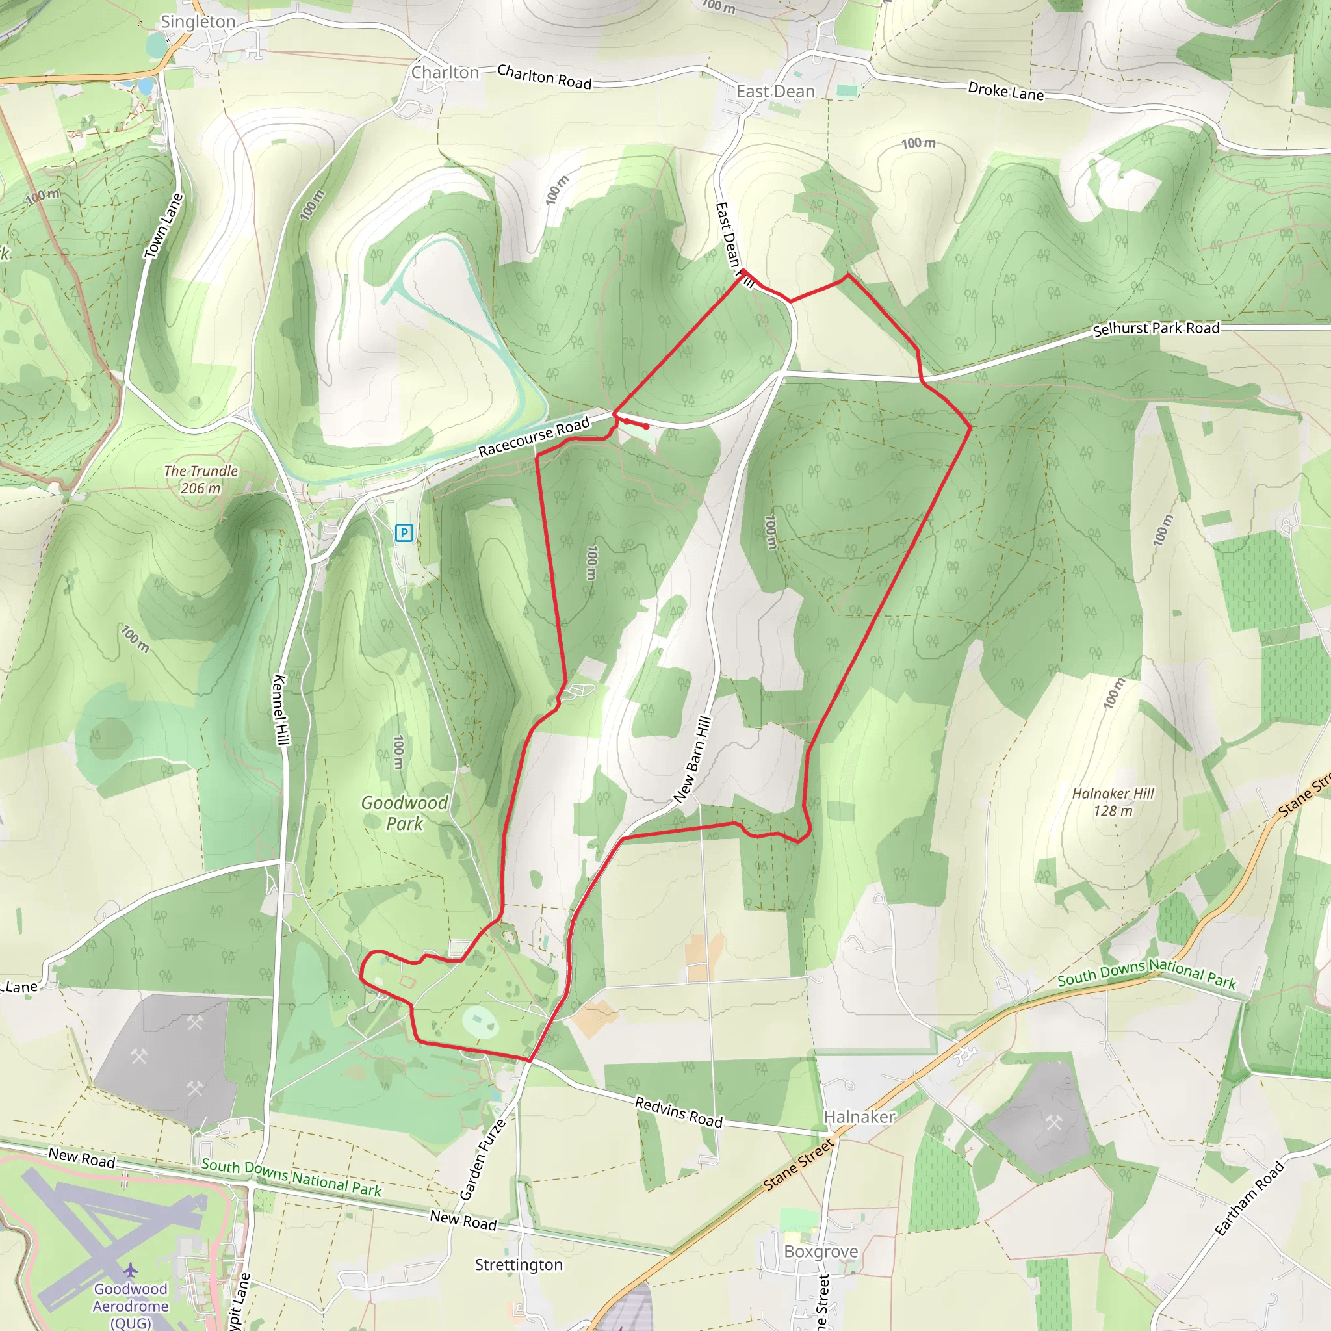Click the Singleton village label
[x=198, y=22]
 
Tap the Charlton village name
[x=445, y=72]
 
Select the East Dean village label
[x=775, y=92]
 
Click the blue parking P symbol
[x=404, y=532]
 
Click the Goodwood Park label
[x=404, y=813]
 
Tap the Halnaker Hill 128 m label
[x=1113, y=802]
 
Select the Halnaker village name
[x=860, y=1117]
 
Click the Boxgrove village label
[x=821, y=1251]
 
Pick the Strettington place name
[x=519, y=1265]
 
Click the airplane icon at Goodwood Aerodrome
[x=130, y=1270]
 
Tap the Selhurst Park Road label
[x=1156, y=329]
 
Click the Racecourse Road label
[x=534, y=436]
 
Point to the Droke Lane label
[x=1006, y=91]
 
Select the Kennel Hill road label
[x=281, y=709]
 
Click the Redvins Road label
[x=678, y=1112]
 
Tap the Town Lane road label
[x=163, y=226]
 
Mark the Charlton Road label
[x=544, y=77]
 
